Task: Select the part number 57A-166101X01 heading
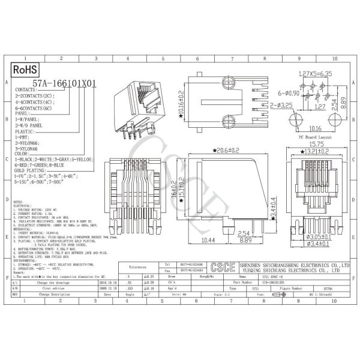point(64,85)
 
